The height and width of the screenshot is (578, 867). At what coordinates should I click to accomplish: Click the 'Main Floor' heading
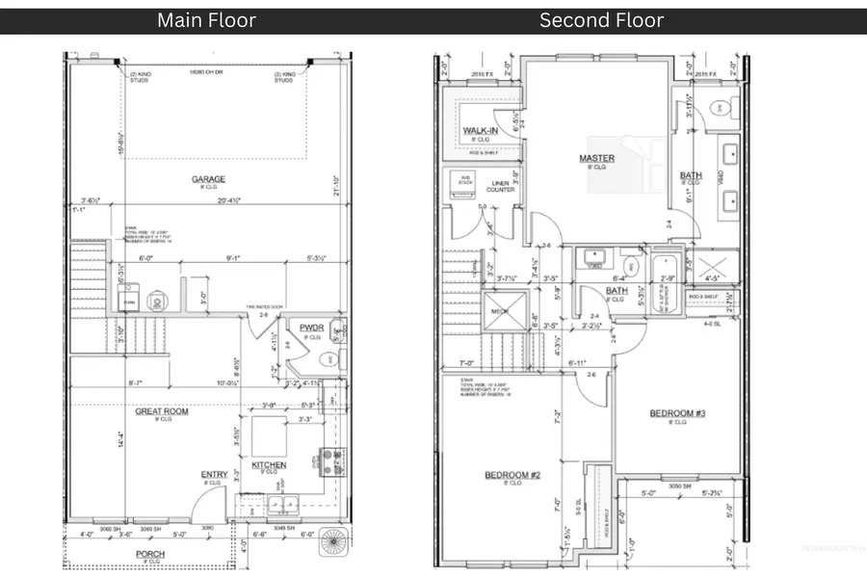(x=206, y=20)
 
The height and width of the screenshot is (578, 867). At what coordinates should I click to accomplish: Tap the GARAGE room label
(x=208, y=178)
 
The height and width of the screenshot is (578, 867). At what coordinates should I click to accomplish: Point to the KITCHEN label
(x=269, y=465)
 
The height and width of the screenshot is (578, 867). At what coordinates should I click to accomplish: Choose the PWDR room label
(x=310, y=327)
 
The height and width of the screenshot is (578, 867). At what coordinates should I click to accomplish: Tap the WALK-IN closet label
(x=481, y=129)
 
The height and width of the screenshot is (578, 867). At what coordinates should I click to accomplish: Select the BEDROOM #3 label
(x=677, y=413)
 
